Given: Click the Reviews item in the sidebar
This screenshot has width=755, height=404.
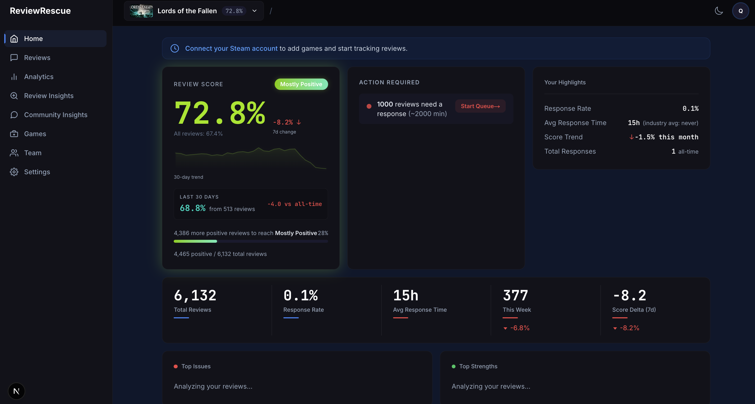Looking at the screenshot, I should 37,57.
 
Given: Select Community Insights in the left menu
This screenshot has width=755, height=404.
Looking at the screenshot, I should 56,115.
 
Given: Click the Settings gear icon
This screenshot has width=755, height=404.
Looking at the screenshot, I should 14,172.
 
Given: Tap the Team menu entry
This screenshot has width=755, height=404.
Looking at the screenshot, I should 33,153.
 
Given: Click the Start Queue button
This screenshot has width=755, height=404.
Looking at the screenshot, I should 480,106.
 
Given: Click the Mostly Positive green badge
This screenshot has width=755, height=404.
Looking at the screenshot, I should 301,84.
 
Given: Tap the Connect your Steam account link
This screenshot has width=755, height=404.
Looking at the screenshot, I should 231,48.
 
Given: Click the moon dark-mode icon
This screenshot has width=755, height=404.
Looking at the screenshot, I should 719,11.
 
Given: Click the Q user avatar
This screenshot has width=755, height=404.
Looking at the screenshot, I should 740,11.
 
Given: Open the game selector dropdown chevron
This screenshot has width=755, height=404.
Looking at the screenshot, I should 254,11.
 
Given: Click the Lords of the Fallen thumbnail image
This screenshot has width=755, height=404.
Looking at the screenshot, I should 141,11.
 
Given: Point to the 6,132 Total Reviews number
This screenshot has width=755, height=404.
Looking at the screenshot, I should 195,295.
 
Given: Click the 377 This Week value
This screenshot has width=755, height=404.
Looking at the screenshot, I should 515,295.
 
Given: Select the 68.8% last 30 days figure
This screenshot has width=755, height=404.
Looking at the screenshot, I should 192,208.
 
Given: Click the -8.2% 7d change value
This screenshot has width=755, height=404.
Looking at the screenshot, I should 283,122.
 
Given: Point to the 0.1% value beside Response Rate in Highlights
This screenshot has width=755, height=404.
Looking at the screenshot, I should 690,108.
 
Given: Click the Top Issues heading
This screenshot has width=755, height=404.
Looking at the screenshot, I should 196,366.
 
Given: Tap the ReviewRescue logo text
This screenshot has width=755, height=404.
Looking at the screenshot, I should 40,11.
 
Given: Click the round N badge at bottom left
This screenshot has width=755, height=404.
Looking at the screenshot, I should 16,391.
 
